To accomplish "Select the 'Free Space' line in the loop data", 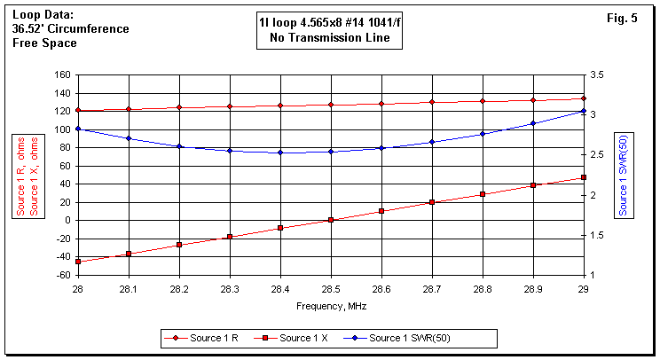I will click(44, 42).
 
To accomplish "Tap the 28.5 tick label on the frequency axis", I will click(330, 288).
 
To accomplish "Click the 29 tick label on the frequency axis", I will click(583, 288).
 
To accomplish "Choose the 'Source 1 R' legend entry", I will click(210, 338).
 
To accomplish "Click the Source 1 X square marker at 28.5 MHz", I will click(331, 220).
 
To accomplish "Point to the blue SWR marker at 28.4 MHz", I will click(280, 153).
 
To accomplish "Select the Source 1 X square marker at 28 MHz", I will click(78, 262).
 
